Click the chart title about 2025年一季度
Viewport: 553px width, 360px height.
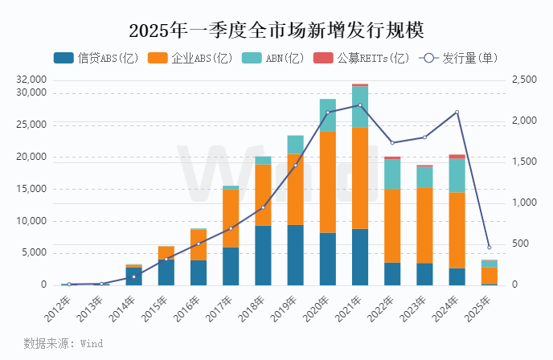[276, 30]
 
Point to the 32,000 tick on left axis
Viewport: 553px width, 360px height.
[31, 80]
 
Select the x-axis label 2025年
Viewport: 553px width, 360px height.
[478, 305]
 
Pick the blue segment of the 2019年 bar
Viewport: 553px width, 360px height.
[295, 255]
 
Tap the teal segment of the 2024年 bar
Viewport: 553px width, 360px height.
[457, 175]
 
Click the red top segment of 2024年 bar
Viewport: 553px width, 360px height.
[457, 157]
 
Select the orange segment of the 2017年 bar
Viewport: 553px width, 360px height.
[231, 218]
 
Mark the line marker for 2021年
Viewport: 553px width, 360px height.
[360, 105]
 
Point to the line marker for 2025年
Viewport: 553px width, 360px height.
[489, 247]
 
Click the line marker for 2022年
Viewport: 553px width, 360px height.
[392, 143]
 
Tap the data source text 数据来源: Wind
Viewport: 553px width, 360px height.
[63, 343]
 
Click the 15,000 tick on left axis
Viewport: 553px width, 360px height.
[31, 189]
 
